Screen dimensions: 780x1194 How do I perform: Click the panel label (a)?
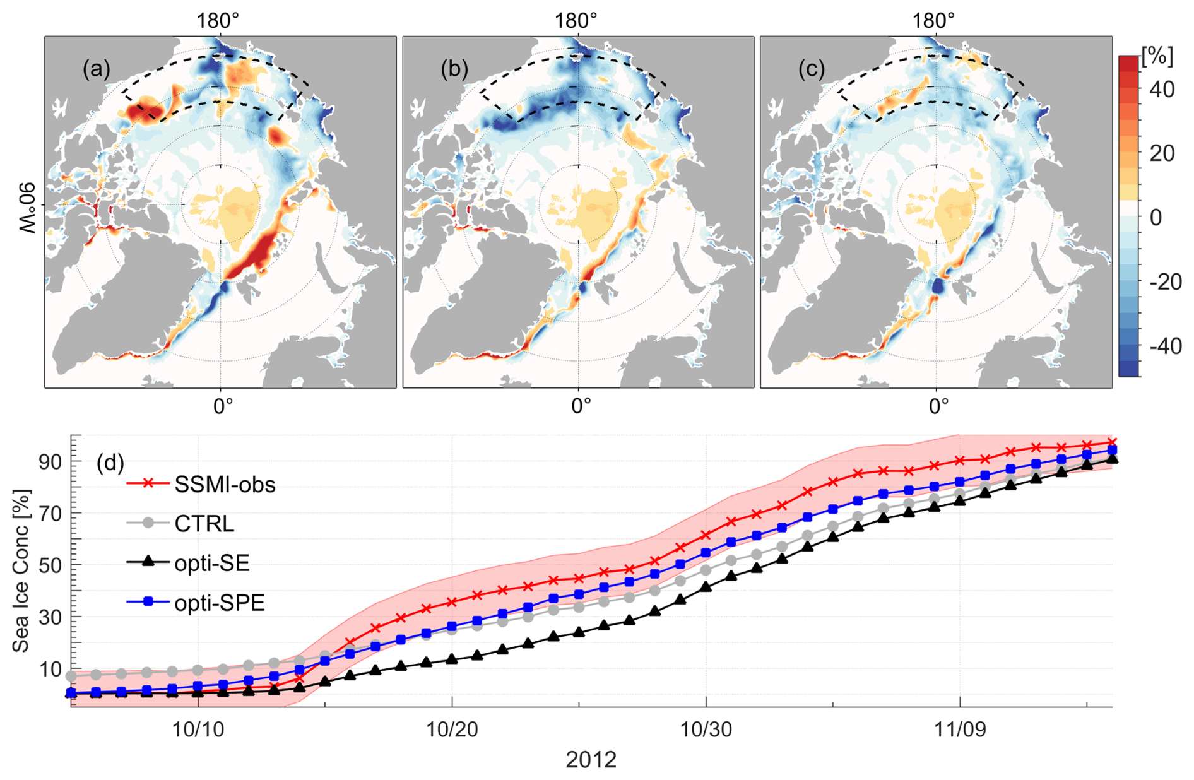click(96, 69)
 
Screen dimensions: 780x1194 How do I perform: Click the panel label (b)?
click(454, 69)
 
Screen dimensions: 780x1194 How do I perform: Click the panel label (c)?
click(812, 69)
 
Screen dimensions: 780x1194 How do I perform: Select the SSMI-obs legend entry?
click(225, 485)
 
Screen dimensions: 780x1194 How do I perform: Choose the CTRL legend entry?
click(204, 524)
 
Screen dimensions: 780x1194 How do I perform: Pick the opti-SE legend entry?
click(212, 563)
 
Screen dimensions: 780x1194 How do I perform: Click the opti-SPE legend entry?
click(220, 603)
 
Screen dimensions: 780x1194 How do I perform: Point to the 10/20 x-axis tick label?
click(452, 730)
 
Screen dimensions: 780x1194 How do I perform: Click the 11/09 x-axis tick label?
click(960, 730)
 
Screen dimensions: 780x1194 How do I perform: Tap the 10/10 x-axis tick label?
click(198, 730)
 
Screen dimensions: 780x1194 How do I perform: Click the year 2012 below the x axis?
click(591, 760)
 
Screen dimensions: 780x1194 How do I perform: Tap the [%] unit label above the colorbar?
click(1157, 56)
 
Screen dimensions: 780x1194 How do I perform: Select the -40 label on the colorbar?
click(1164, 346)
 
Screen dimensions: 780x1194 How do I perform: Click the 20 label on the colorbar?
click(1161, 153)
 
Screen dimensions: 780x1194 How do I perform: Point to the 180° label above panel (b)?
click(576, 21)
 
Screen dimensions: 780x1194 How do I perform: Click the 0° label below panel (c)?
click(938, 406)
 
